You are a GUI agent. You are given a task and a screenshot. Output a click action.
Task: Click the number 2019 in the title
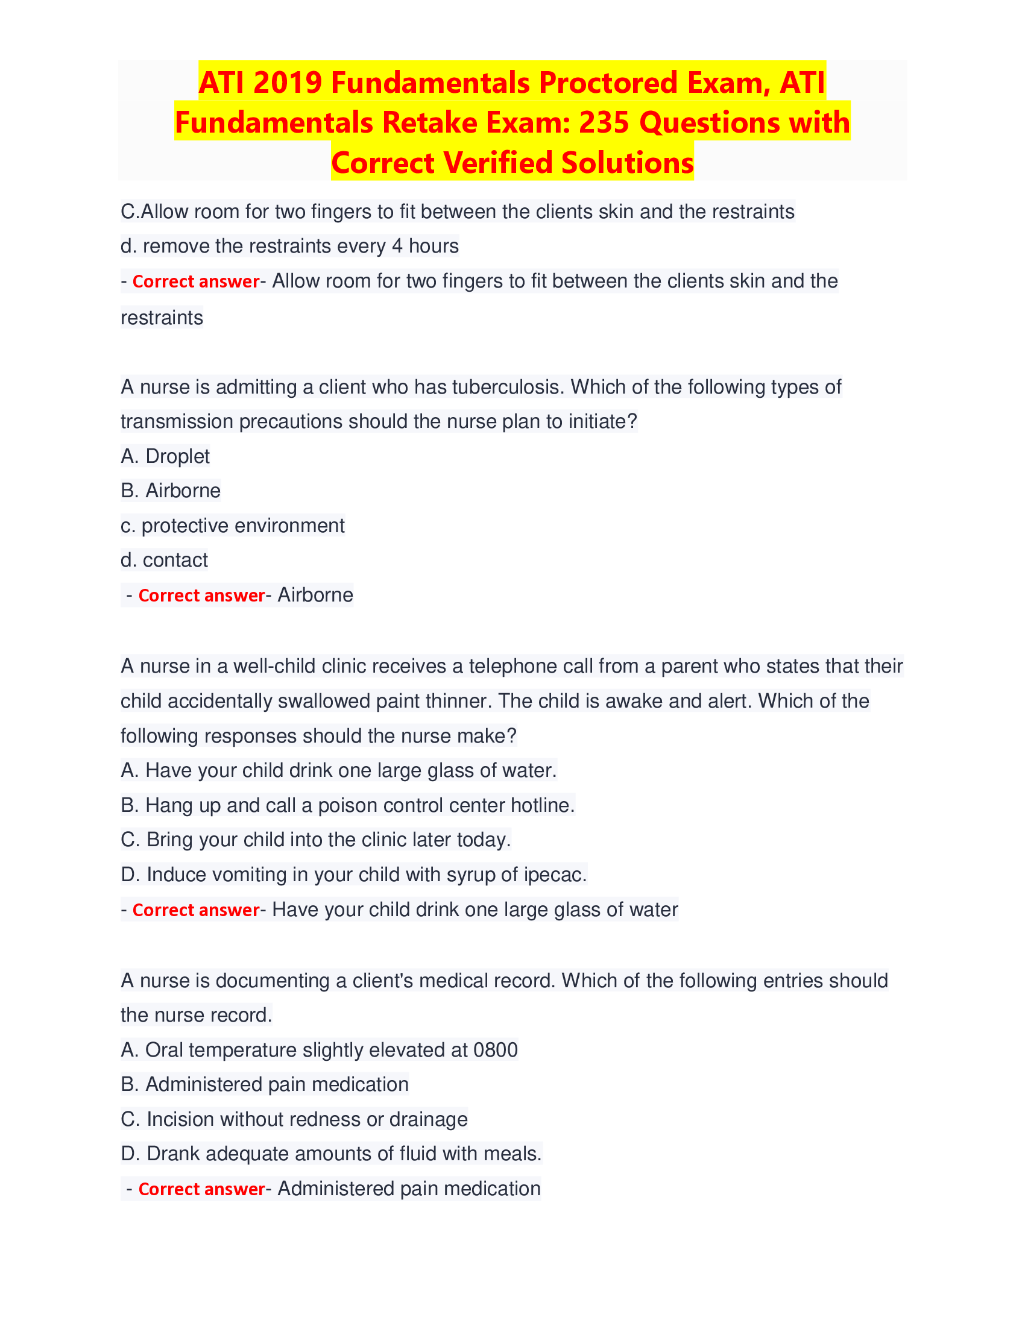(287, 83)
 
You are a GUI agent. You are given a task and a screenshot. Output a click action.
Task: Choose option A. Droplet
(165, 456)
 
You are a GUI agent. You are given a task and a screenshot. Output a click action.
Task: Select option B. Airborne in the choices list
(171, 491)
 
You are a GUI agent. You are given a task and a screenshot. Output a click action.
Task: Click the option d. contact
(165, 560)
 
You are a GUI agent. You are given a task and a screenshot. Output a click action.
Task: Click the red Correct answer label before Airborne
(201, 595)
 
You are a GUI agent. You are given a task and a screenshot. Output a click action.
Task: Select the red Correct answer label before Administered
(201, 1189)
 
